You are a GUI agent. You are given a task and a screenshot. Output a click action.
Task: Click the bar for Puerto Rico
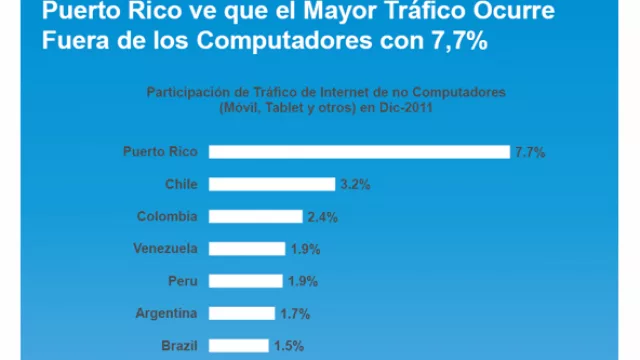pyautogui.click(x=360, y=152)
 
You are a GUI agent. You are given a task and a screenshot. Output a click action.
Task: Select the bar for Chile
pyautogui.click(x=273, y=184)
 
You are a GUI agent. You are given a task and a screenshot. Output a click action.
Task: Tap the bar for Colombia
pyautogui.click(x=256, y=216)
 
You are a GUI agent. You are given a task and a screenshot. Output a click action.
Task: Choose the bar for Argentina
pyautogui.click(x=242, y=313)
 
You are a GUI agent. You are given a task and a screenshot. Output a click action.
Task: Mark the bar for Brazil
pyautogui.click(x=239, y=345)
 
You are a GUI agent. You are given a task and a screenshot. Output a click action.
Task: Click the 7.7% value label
pyautogui.click(x=529, y=152)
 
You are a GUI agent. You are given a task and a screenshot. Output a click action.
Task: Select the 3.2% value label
pyautogui.click(x=355, y=184)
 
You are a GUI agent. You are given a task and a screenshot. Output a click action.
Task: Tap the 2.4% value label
pyautogui.click(x=322, y=216)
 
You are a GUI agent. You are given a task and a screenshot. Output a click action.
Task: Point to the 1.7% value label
pyautogui.click(x=295, y=313)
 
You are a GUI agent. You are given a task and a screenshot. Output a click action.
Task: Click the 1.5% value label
pyautogui.click(x=289, y=345)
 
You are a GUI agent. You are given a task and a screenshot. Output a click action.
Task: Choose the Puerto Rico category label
pyautogui.click(x=161, y=152)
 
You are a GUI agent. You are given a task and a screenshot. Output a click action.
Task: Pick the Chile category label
pyautogui.click(x=181, y=184)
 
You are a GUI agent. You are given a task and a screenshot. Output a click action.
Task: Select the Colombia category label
pyautogui.click(x=167, y=216)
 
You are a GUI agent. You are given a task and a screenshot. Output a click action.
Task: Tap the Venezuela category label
pyautogui.click(x=165, y=249)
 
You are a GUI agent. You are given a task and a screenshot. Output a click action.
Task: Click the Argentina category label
pyautogui.click(x=166, y=313)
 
